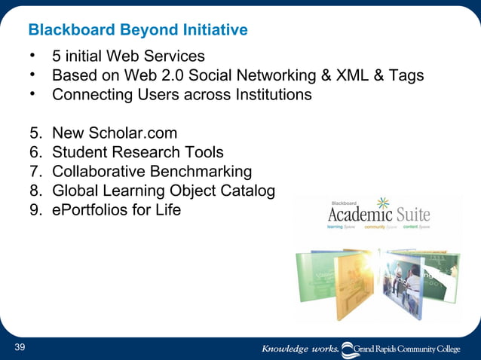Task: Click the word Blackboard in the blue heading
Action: tap(63, 31)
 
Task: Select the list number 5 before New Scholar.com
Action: tap(35, 134)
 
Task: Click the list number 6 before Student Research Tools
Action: tap(35, 153)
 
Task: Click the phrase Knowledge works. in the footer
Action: tap(299, 349)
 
